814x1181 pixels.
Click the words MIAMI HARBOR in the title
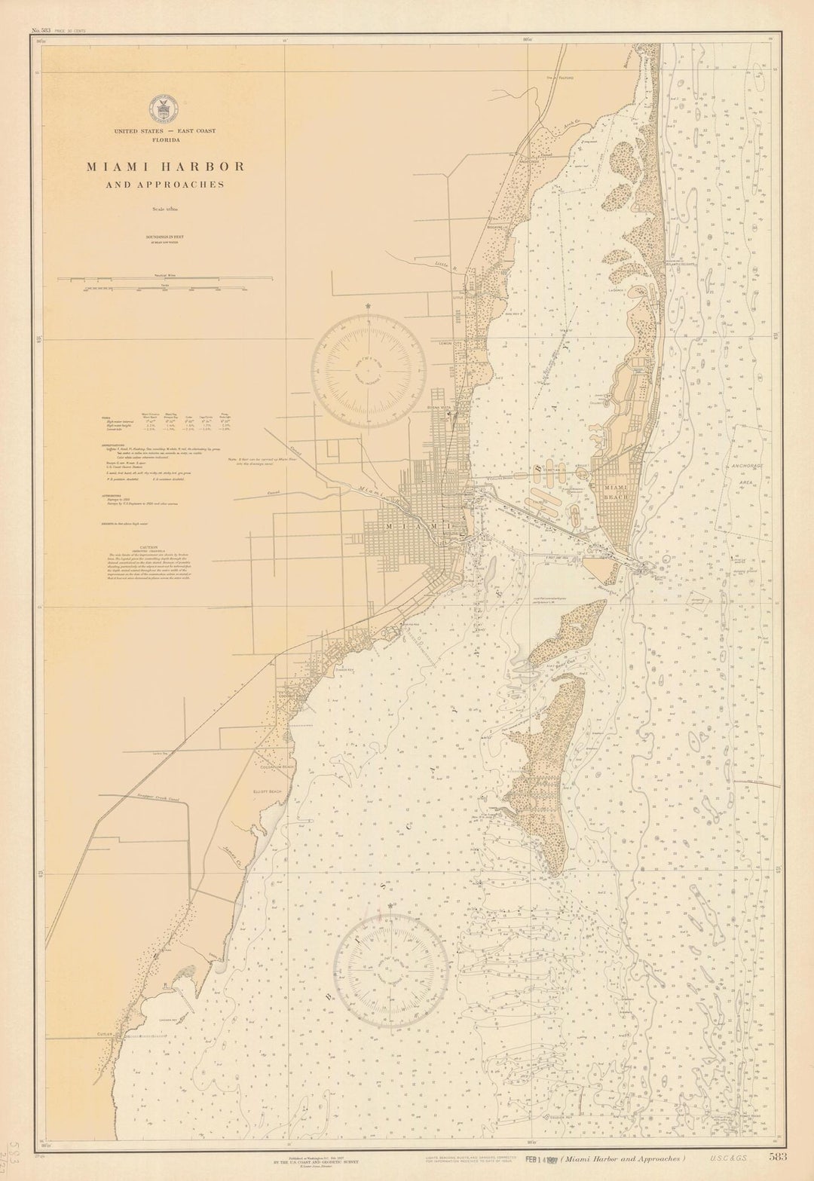[165, 167]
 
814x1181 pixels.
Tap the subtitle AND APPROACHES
[165, 185]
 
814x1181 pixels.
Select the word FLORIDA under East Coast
[165, 139]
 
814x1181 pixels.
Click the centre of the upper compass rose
[369, 371]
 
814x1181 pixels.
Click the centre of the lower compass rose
[391, 971]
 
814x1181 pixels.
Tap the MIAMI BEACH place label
[616, 492]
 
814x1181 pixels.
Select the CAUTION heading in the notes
[148, 548]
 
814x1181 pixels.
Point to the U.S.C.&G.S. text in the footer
[727, 1158]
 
